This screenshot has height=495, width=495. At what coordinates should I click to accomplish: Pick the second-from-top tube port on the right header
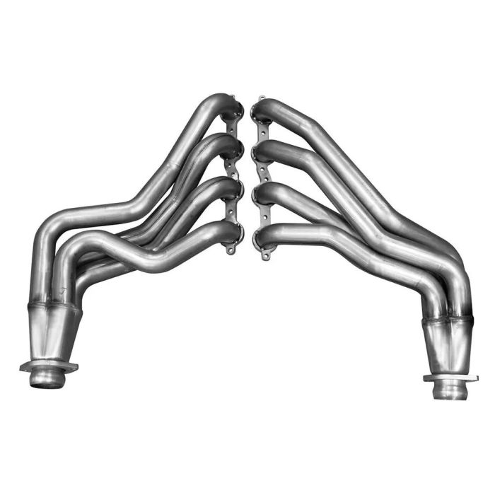click(260, 153)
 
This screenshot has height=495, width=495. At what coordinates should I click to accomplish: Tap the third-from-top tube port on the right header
click(260, 194)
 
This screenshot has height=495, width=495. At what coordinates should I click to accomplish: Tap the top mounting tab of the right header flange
click(262, 100)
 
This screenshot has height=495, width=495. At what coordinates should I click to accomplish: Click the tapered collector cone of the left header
click(53, 332)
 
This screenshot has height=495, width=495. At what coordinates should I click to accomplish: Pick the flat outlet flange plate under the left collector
click(48, 367)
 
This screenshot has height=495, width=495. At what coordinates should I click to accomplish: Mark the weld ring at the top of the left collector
click(54, 305)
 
